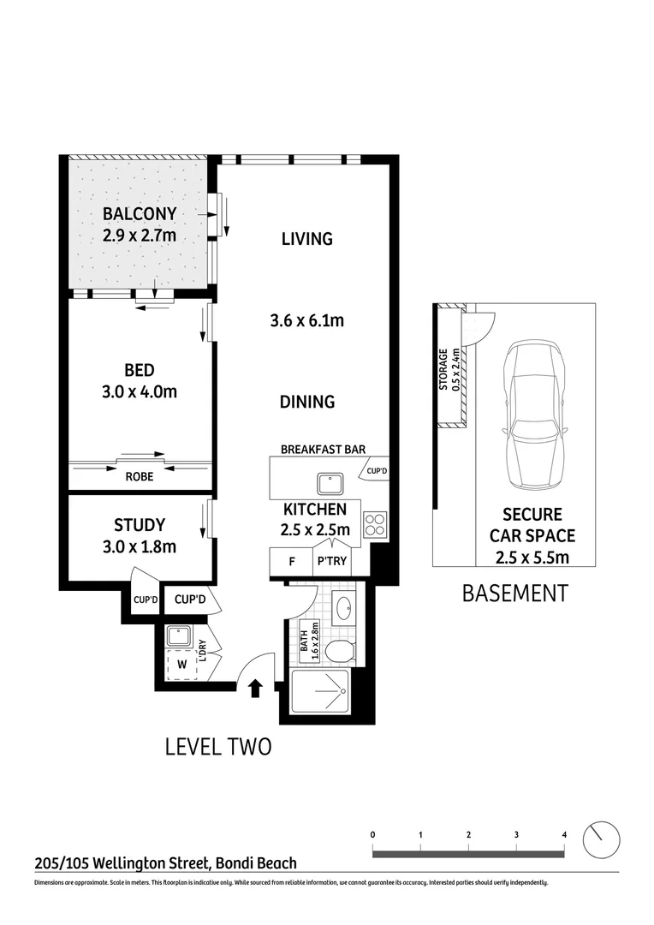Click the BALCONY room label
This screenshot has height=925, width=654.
click(x=140, y=213)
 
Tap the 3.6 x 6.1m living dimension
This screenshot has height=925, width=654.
click(x=306, y=321)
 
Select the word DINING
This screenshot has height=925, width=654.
click(x=306, y=401)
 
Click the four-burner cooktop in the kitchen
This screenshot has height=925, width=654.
click(x=375, y=522)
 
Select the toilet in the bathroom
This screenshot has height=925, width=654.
click(x=341, y=651)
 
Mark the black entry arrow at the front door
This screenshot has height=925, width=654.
click(x=254, y=689)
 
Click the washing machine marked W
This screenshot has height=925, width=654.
click(x=181, y=663)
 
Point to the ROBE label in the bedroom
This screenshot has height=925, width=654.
click(x=140, y=477)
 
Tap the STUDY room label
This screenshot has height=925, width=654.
click(x=140, y=525)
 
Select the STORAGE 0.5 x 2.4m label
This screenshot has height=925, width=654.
click(x=449, y=369)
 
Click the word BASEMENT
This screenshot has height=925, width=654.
click(x=514, y=593)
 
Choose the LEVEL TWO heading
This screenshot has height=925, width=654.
click(x=218, y=747)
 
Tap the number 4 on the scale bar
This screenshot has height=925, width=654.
click(x=564, y=833)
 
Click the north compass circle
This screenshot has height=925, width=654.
click(x=601, y=840)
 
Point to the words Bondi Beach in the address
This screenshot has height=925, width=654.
click(x=256, y=864)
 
